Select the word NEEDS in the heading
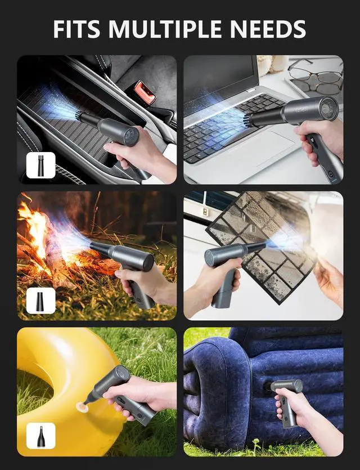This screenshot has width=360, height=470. pos(271,29)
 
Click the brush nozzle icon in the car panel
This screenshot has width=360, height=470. pos(40,165)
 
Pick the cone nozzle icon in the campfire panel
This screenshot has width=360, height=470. pos(40,301)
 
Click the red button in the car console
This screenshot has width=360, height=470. pos(144,92)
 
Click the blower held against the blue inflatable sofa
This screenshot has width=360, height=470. pos(287,394)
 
